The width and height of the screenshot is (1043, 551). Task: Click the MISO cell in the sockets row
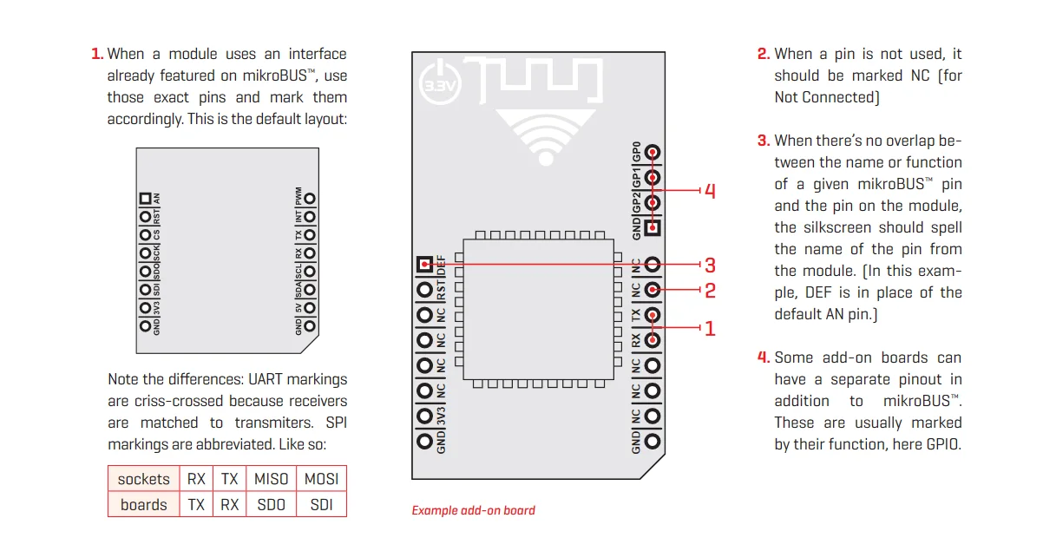[272, 479]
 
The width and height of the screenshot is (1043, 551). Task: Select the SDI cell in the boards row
[321, 505]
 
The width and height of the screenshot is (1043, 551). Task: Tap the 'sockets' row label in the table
[144, 479]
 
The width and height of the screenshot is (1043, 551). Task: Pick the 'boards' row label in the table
[144, 505]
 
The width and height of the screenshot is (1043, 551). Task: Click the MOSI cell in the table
[321, 479]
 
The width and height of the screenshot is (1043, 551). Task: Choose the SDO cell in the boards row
[272, 505]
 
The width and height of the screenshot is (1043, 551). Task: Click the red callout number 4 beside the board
[710, 191]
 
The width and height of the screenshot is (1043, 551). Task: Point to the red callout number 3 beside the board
[710, 265]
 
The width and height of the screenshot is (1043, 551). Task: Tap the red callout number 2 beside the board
[710, 291]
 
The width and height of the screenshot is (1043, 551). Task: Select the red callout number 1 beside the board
[710, 329]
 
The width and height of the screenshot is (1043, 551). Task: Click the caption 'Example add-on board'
[473, 510]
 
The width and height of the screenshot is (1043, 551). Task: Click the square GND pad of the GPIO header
[653, 228]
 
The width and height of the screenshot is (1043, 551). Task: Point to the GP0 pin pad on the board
[653, 154]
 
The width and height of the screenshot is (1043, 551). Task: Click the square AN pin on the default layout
[145, 199]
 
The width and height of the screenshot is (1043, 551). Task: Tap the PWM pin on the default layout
[309, 199]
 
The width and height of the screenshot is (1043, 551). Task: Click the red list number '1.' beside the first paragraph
[97, 54]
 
